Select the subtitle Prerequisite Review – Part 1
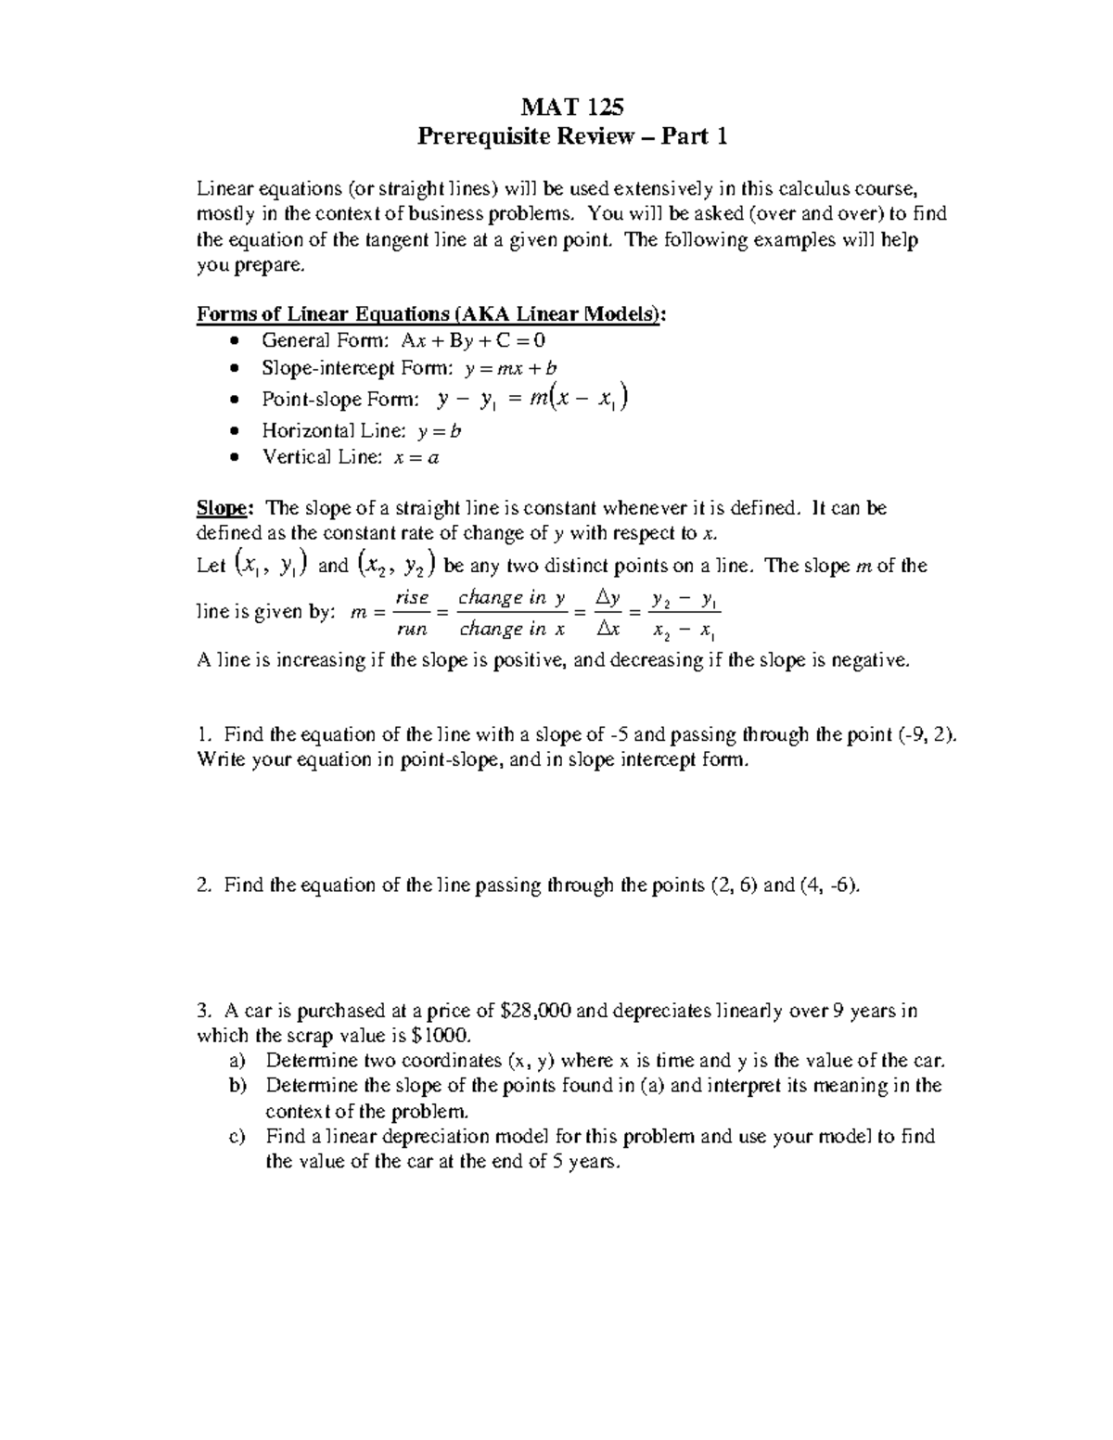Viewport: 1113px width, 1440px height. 571,137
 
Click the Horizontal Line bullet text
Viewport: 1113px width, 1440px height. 362,430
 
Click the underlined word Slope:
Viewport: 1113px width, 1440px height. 224,508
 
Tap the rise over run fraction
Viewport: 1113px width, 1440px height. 411,614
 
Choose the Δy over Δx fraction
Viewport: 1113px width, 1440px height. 608,614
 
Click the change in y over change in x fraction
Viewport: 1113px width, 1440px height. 512,614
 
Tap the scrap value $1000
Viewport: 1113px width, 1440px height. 441,1036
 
